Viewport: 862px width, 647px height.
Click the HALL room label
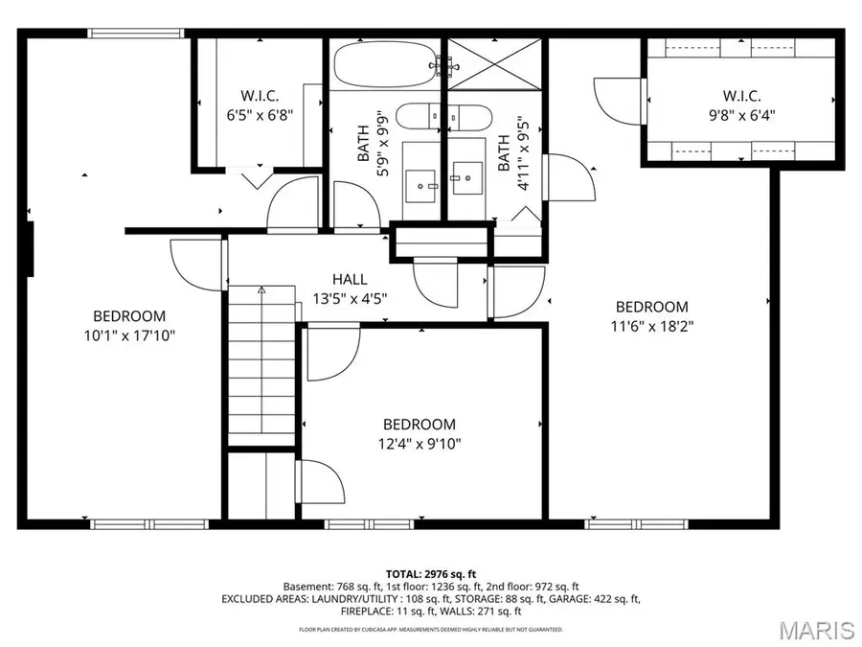(350, 279)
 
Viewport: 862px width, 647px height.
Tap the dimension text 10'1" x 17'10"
(129, 335)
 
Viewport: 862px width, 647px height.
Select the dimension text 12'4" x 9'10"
(420, 444)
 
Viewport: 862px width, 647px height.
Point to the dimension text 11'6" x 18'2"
(651, 326)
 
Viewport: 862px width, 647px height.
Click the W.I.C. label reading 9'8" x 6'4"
(741, 114)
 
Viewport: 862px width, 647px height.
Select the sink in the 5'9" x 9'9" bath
(420, 181)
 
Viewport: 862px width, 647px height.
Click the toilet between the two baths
(442, 116)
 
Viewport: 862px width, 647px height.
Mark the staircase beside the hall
(261, 364)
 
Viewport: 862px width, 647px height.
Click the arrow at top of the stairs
(261, 289)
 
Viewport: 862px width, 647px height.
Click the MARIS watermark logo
(816, 630)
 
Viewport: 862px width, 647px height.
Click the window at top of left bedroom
(135, 34)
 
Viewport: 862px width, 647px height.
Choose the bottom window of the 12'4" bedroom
(363, 524)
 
